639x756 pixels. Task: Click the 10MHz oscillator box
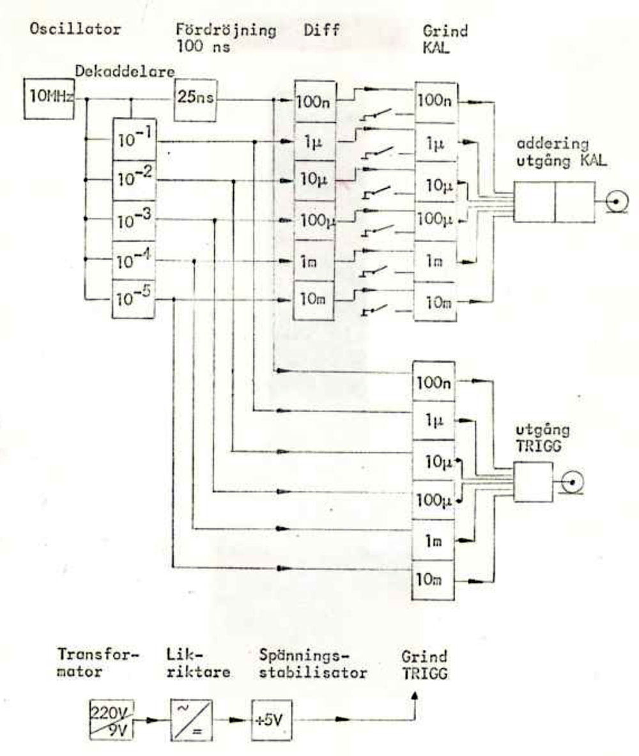point(49,99)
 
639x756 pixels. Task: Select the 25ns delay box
point(195,100)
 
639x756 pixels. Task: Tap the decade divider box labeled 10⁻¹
point(134,140)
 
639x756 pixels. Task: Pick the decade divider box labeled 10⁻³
point(134,221)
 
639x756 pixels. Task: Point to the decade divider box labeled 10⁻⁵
point(134,299)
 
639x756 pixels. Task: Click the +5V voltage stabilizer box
point(272,720)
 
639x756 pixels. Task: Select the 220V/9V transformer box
point(112,719)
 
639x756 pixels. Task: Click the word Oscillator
point(75,29)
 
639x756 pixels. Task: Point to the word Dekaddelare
point(125,72)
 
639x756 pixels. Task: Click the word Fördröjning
point(226,31)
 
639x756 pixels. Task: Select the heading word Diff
point(321,30)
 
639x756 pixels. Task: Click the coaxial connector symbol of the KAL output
point(617,201)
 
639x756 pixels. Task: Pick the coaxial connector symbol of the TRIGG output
point(573,482)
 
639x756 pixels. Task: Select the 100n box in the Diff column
point(315,101)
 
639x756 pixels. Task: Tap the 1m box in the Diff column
point(314,261)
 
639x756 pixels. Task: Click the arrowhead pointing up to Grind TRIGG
point(415,696)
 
